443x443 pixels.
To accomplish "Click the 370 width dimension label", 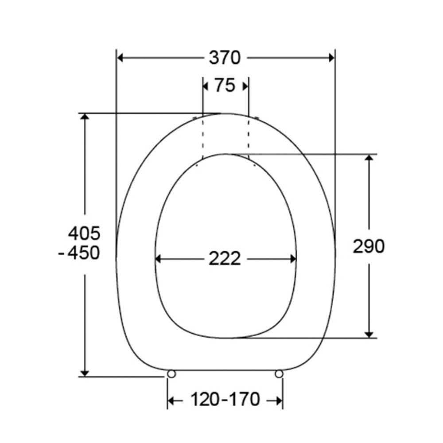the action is (x=225, y=58).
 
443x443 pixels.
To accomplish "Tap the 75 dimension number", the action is (x=225, y=85).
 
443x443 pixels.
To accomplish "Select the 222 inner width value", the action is (x=225, y=259).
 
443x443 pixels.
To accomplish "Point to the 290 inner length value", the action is (x=369, y=246).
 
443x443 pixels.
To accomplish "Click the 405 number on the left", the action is (x=84, y=233).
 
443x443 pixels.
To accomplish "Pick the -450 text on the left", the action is (x=79, y=253).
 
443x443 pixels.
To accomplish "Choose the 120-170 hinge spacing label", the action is (x=225, y=400).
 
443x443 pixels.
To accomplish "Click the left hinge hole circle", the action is (x=171, y=374).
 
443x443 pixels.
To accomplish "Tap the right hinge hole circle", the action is (x=279, y=374).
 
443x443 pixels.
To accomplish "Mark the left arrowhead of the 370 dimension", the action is (x=120, y=58).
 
